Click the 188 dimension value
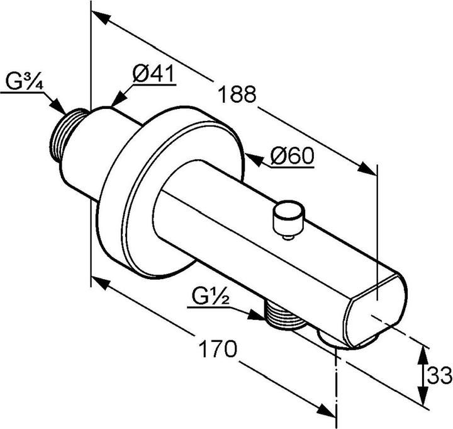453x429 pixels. tap(237, 94)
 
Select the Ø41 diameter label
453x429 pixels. tap(153, 74)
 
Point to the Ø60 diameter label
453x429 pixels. tap(292, 156)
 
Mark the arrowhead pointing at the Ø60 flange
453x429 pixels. tap(253, 158)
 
